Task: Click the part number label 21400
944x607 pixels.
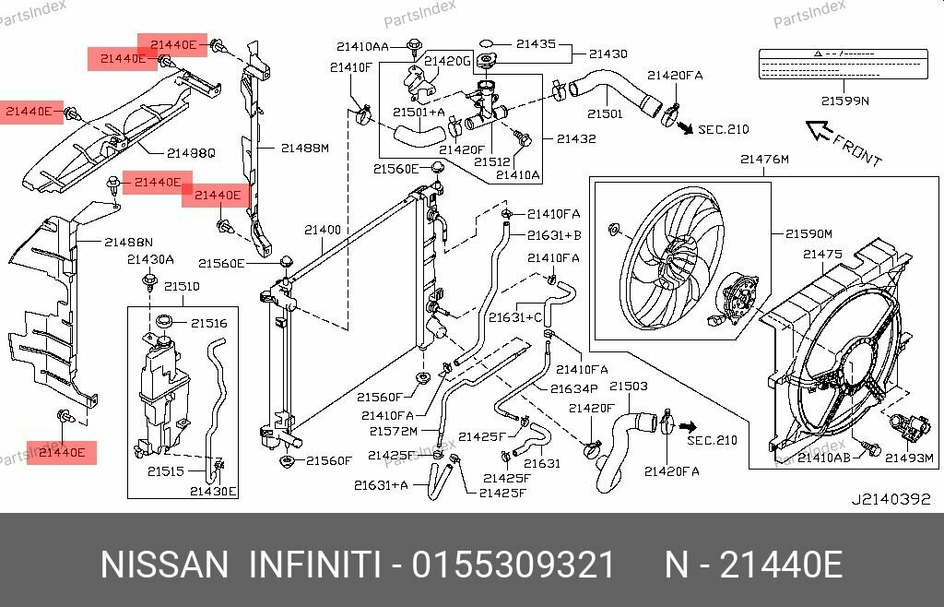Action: point(323,230)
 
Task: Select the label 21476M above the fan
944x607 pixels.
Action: point(764,160)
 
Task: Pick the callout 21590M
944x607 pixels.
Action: point(808,234)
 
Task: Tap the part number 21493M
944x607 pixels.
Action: point(910,456)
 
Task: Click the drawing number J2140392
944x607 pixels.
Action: point(891,500)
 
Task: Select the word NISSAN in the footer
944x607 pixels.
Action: point(163,565)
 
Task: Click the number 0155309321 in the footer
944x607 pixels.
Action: point(513,565)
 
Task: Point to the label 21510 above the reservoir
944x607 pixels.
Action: point(182,287)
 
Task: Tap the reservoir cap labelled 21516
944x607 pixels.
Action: point(165,322)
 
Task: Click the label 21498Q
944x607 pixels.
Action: point(191,152)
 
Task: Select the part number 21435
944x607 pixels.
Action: point(536,43)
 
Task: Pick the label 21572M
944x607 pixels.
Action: point(393,431)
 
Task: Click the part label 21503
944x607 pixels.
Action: point(628,386)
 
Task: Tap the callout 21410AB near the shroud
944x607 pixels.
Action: point(823,456)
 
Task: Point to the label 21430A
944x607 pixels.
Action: point(150,259)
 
